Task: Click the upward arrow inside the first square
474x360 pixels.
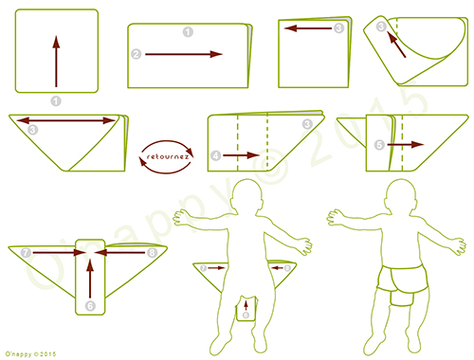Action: click(56, 58)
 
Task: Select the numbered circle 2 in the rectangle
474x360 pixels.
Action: click(137, 55)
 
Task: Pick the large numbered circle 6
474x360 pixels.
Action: click(90, 305)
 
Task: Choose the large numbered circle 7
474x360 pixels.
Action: click(26, 253)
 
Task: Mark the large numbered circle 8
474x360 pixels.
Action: click(153, 253)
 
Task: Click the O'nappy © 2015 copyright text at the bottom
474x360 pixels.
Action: click(32, 353)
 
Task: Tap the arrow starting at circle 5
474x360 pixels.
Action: click(402, 145)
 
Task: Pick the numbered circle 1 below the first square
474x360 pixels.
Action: click(55, 99)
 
